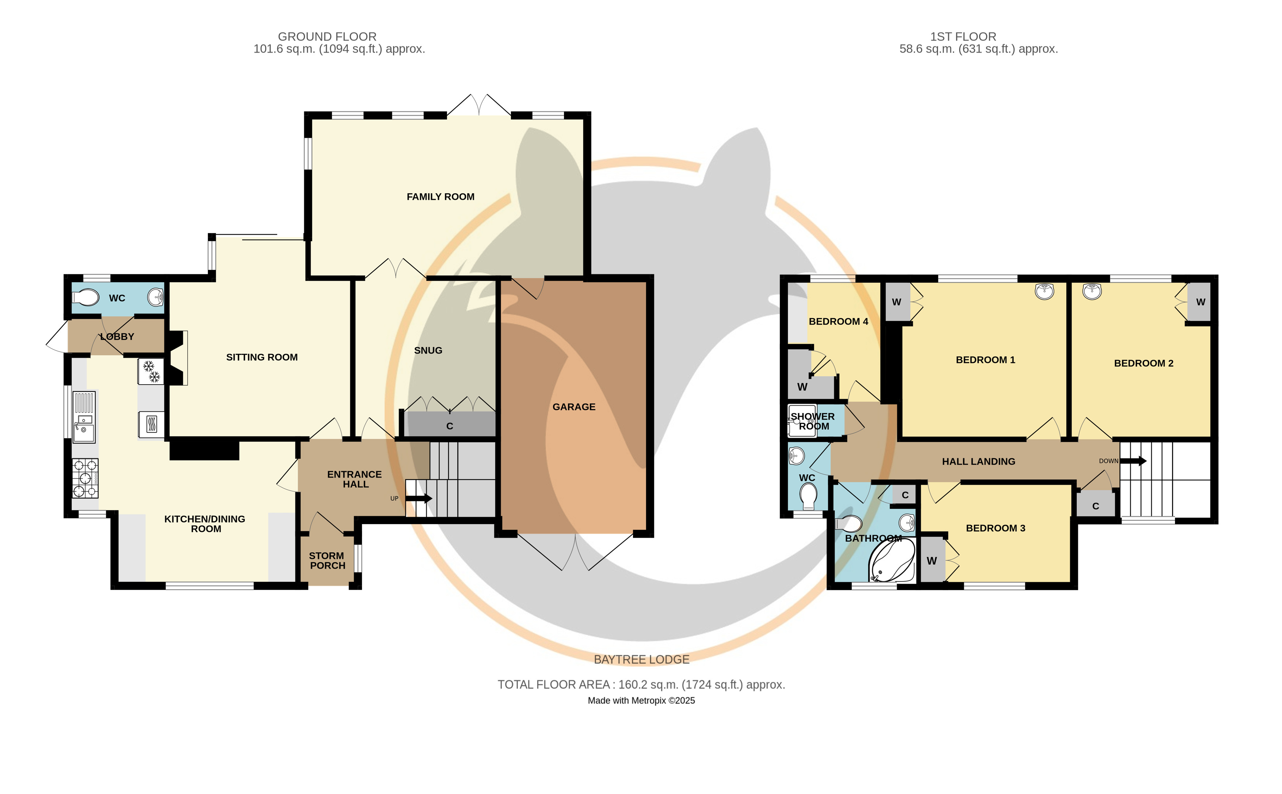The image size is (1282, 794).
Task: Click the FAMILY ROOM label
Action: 440,197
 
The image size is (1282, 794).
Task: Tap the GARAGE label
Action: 573,407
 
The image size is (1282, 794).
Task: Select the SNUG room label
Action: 428,350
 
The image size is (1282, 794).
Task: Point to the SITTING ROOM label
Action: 262,357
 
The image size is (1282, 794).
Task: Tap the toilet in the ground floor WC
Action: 85,298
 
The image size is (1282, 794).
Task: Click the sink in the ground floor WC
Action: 156,298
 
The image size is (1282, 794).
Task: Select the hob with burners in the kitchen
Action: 85,478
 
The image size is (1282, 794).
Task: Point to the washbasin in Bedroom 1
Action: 1045,291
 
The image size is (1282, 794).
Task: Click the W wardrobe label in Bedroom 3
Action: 932,561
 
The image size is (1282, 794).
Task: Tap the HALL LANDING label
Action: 978,462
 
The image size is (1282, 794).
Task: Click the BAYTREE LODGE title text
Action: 641,660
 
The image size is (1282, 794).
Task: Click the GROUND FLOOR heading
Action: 327,37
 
